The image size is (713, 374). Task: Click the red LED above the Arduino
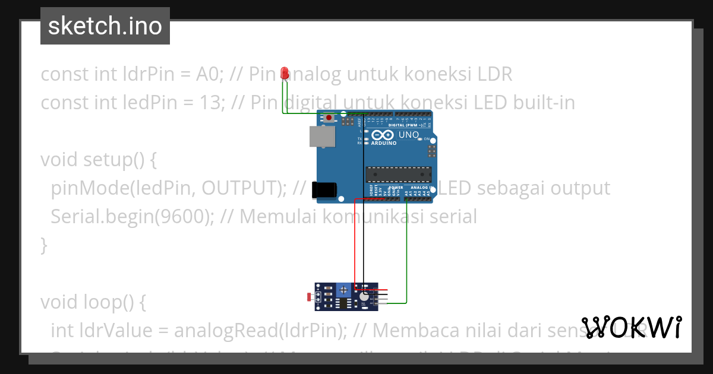285,73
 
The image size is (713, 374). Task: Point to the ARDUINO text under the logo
384,143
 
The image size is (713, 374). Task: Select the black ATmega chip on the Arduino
398,173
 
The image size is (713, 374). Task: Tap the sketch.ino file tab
105,26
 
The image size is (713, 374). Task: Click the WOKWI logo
632,327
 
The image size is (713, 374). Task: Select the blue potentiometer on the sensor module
343,290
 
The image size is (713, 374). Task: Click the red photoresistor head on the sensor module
308,296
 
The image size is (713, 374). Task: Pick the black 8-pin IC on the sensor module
343,303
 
